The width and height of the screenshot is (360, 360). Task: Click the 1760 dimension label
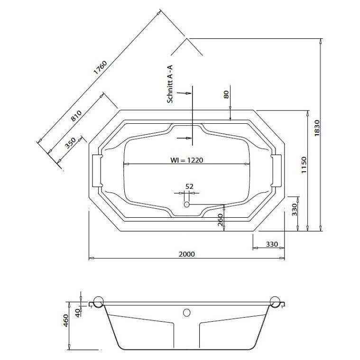pyautogui.click(x=101, y=67)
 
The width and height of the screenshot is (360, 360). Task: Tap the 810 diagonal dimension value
pyautogui.click(x=76, y=116)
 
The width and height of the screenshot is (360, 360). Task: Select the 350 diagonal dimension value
pyautogui.click(x=70, y=143)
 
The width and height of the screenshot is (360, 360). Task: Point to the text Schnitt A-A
pyautogui.click(x=170, y=84)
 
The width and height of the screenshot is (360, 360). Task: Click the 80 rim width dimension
pyautogui.click(x=226, y=94)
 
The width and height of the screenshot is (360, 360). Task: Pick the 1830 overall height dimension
pyautogui.click(x=317, y=128)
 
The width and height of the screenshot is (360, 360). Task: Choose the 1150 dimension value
pyautogui.click(x=304, y=165)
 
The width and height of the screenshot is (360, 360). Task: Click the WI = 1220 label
pyautogui.click(x=187, y=160)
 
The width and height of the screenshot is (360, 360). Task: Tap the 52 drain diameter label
pyautogui.click(x=189, y=186)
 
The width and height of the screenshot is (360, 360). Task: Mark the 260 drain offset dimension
pyautogui.click(x=220, y=220)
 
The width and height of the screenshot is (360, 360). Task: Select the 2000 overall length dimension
pyautogui.click(x=187, y=254)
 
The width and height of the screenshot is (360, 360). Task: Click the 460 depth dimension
pyautogui.click(x=65, y=321)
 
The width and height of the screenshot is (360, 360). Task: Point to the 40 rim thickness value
pyautogui.click(x=78, y=313)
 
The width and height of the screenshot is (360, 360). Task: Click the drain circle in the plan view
pyautogui.click(x=187, y=204)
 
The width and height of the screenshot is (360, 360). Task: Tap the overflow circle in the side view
pyautogui.click(x=187, y=313)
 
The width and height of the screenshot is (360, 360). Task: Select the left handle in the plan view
pyautogui.click(x=97, y=171)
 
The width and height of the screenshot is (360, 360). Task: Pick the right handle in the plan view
pyautogui.click(x=276, y=171)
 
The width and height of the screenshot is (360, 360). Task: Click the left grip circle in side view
pyautogui.click(x=99, y=302)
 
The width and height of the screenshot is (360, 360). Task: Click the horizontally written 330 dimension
pyautogui.click(x=272, y=244)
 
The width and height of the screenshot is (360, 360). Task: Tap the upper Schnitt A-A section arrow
pyautogui.click(x=184, y=93)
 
